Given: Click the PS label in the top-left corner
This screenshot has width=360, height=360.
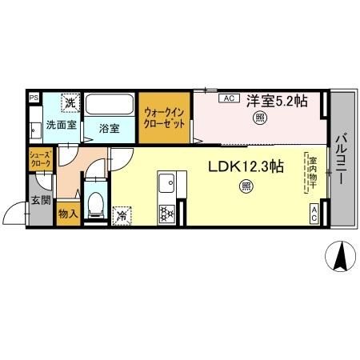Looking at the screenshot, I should point(34,99).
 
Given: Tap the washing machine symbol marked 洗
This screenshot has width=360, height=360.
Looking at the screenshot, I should point(70,102).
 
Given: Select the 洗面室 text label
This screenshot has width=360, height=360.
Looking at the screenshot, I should point(61,125).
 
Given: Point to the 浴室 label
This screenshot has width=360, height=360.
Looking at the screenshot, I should point(110,127).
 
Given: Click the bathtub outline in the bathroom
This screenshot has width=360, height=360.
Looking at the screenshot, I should point(110,106).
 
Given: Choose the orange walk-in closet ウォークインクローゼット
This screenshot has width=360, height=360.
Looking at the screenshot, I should point(168,118).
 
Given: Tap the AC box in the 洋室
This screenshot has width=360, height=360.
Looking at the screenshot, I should point(227,98).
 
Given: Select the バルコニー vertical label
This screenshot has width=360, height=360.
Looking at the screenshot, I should point(342,158).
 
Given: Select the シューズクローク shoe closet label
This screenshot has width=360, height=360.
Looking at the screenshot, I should point(40,158).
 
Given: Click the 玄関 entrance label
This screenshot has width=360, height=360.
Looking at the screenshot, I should point(41,201).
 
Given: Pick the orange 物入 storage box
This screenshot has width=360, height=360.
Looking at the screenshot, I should point(67,214).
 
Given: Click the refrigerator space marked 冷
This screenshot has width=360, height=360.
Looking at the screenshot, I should point(122,214).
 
